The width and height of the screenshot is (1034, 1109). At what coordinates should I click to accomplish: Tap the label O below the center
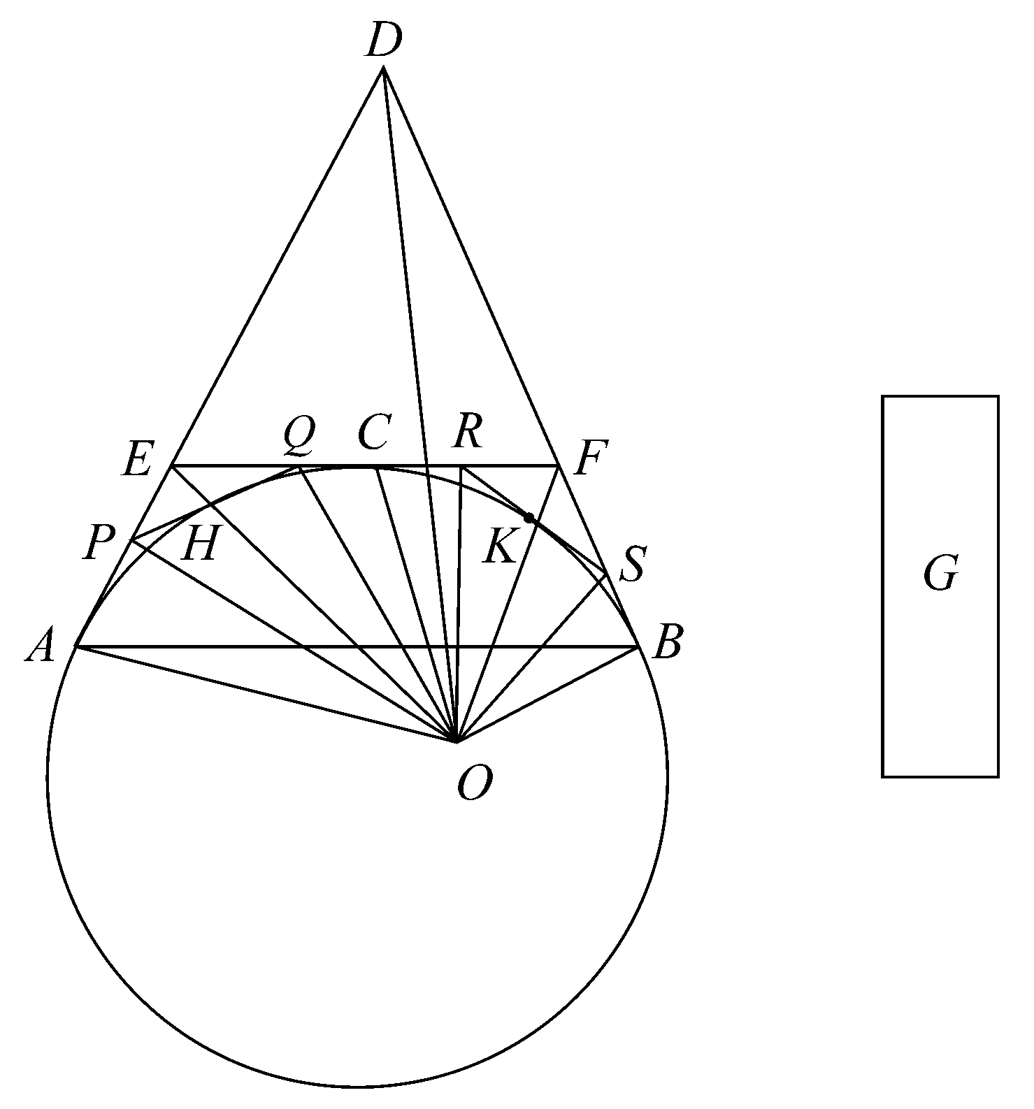coord(475,783)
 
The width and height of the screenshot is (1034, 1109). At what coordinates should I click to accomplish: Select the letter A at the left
coord(40,646)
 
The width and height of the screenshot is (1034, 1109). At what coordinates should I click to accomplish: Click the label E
coord(137,461)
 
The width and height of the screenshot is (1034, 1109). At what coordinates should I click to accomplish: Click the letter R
coord(467,433)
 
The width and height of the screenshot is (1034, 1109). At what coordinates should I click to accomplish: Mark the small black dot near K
coord(529,518)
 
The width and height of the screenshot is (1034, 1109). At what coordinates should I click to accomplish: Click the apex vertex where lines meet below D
coord(383,68)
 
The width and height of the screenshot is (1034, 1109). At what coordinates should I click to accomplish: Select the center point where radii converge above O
coord(456,741)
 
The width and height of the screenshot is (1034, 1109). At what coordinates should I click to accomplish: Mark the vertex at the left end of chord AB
coord(76,647)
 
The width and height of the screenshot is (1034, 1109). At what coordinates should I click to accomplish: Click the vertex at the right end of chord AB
coord(639,647)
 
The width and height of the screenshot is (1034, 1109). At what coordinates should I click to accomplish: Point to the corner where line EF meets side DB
coord(558,465)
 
